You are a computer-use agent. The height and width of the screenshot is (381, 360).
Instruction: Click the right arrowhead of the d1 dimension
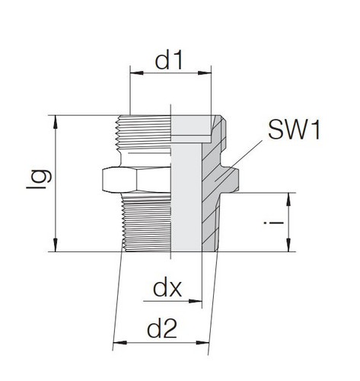pyautogui.click(x=206, y=75)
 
